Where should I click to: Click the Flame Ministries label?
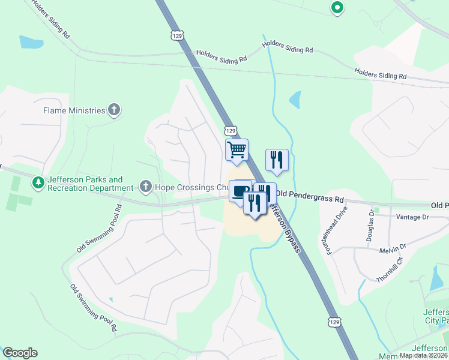tap(74, 110)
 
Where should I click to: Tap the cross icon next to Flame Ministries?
tap(114, 110)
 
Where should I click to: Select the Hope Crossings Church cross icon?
tap(145, 187)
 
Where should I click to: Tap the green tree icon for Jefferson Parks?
tap(38, 181)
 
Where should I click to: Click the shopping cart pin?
tap(237, 149)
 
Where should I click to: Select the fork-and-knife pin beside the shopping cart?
tap(277, 159)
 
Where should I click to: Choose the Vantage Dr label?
tap(413, 217)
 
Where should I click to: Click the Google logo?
tap(20, 353)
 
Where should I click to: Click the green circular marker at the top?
tap(337, 8)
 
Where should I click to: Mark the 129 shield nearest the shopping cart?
tap(231, 130)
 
